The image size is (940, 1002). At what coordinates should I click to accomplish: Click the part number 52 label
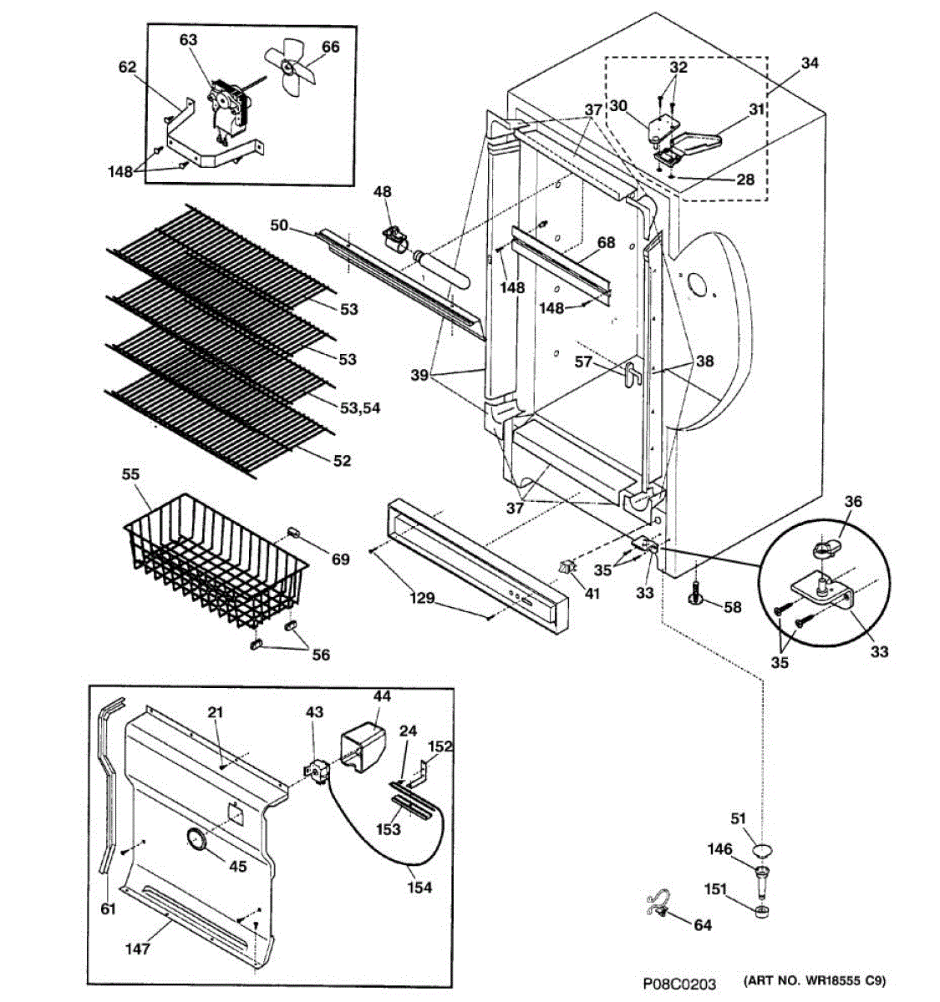[x=343, y=461]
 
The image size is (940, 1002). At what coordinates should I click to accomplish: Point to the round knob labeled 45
[x=196, y=840]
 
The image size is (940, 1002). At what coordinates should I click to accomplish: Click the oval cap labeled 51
[x=761, y=851]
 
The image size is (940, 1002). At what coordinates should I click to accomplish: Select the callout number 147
[x=139, y=949]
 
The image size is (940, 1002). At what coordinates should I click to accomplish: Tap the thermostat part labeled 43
[x=316, y=772]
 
